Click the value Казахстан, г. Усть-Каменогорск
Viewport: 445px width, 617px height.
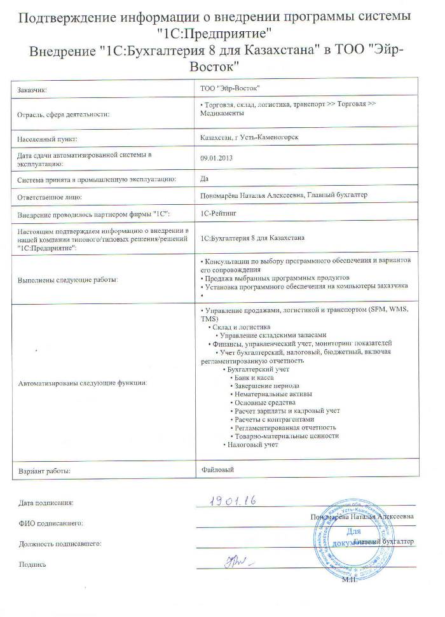(x=249, y=137)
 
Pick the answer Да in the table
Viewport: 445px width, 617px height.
(x=204, y=179)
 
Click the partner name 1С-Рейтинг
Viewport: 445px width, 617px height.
(x=217, y=215)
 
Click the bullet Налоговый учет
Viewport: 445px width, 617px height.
(x=253, y=445)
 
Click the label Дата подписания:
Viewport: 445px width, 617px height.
(x=46, y=503)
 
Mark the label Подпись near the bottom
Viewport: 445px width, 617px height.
(x=32, y=564)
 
